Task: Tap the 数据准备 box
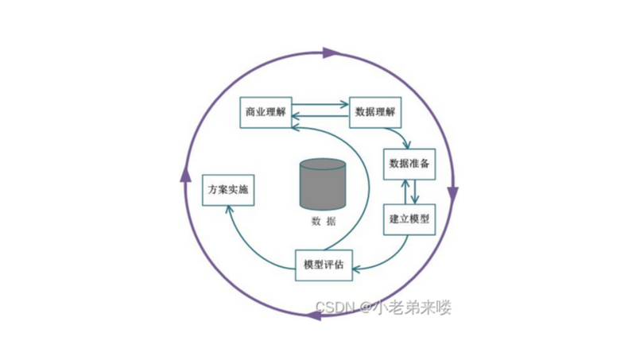pyautogui.click(x=409, y=164)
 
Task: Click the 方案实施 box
pyautogui.click(x=228, y=191)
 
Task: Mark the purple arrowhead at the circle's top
pyautogui.click(x=329, y=54)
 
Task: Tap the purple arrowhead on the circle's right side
pyautogui.click(x=453, y=194)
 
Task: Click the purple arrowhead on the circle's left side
pyautogui.click(x=186, y=174)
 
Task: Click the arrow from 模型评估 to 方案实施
pyautogui.click(x=246, y=238)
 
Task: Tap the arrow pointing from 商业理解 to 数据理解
pyautogui.click(x=322, y=103)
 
